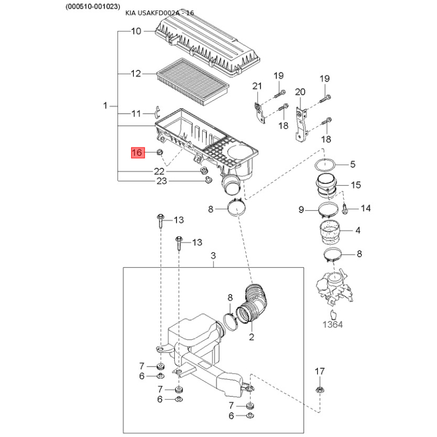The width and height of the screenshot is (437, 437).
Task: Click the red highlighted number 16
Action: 137,152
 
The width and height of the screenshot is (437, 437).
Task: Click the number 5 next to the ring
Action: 352,164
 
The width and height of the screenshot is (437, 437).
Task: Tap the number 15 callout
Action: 356,185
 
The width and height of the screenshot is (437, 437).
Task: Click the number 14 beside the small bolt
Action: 365,208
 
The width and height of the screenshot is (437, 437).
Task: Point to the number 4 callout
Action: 358,231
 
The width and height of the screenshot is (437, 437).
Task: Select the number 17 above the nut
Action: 320,371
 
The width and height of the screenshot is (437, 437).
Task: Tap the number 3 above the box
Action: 213,256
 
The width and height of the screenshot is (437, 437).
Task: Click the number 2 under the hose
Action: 252,337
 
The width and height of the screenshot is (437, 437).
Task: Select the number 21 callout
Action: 257,85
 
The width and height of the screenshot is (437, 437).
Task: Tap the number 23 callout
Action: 162,181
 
